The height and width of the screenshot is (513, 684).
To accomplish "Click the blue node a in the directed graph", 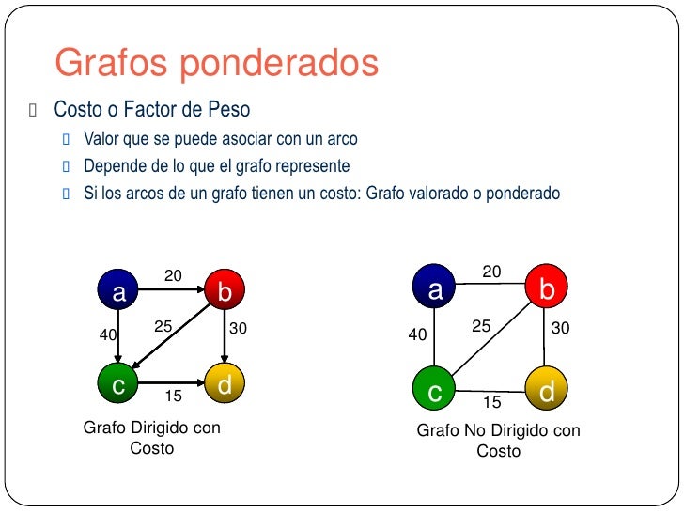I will coord(118,292).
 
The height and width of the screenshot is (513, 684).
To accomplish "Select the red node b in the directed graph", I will coord(225,292).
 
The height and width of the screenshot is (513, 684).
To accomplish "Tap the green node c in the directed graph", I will coord(118,384).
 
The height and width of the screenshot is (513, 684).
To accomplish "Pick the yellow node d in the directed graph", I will coord(225,384).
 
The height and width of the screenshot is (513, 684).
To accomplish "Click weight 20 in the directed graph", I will coord(173,275).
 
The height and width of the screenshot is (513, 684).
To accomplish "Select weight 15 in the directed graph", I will coord(173,396).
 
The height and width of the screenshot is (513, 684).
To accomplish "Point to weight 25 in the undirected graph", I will coord(481,326).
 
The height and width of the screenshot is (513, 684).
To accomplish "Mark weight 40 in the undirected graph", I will coord(416,334).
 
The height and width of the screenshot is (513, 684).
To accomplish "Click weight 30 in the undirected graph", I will coord(561,328).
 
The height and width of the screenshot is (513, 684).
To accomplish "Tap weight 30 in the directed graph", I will coord(239,329).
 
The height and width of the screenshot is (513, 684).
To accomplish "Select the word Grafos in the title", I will coord(109,62).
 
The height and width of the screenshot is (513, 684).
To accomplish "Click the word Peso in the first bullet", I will coord(229,110).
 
